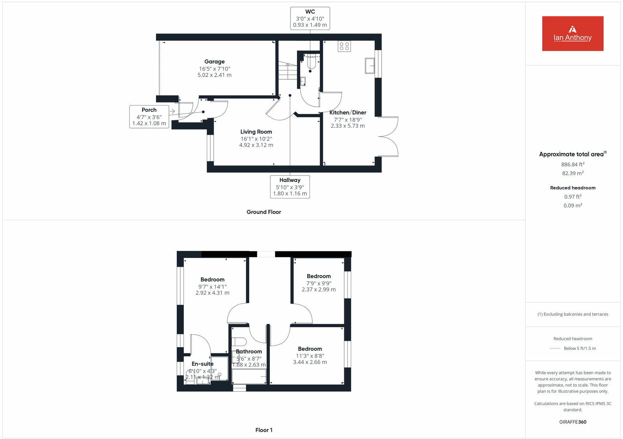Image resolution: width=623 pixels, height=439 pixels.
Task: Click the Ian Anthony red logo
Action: (x=572, y=33)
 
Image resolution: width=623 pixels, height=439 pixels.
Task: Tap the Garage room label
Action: (x=214, y=61)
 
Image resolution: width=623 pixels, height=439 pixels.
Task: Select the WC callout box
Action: (x=310, y=18)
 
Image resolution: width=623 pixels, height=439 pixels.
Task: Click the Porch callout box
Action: (x=149, y=116)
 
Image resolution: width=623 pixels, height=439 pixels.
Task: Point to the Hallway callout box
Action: (x=290, y=187)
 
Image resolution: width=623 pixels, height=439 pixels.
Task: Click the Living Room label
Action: (x=256, y=132)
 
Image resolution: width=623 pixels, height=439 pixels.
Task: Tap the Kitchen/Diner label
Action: (x=348, y=112)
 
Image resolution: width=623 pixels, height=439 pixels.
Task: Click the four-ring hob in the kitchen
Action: (x=344, y=46)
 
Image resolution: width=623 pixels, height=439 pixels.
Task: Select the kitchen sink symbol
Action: (x=370, y=65)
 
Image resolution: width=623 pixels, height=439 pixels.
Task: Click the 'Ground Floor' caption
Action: (x=264, y=212)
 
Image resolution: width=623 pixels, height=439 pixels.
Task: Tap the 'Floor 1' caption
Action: (x=264, y=430)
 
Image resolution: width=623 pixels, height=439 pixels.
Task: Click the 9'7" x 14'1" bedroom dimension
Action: (x=212, y=286)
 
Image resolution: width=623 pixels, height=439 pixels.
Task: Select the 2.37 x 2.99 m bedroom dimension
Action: (x=319, y=290)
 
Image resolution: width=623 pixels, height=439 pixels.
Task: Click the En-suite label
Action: (x=202, y=364)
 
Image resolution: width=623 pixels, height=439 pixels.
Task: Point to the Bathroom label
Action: (x=249, y=351)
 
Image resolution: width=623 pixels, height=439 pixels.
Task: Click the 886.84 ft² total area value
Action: (x=572, y=165)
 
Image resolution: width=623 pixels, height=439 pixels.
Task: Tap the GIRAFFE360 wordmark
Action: (x=572, y=422)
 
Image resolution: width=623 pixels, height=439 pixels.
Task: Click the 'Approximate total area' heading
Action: (x=571, y=155)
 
